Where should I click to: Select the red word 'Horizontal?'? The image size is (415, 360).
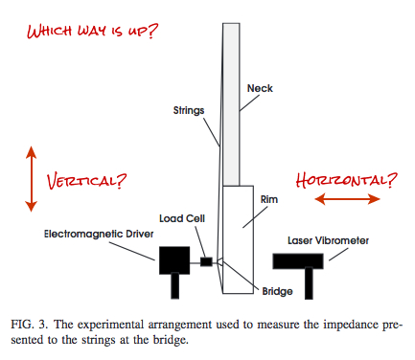[x=346, y=178]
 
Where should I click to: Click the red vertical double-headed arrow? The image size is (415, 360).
[x=31, y=179]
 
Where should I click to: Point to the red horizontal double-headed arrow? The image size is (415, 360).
[x=348, y=199]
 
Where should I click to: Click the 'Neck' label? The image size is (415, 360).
[x=260, y=88]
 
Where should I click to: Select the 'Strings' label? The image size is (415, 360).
[x=187, y=111]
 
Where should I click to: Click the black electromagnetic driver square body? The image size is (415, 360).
[x=174, y=260]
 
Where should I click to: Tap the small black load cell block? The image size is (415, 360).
[x=206, y=260]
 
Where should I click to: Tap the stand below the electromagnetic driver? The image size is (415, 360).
[x=174, y=286]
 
